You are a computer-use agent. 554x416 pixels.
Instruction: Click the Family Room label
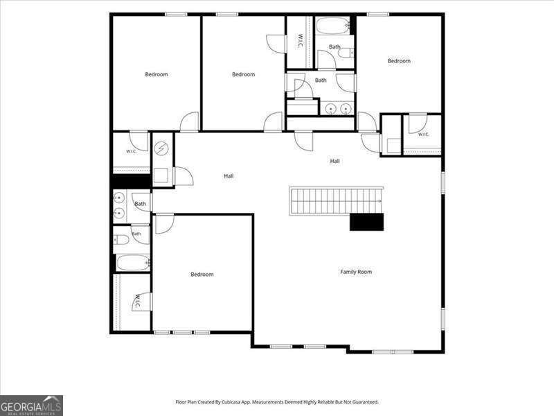pyautogui.click(x=356, y=272)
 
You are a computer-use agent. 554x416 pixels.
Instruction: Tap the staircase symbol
pyautogui.click(x=337, y=201)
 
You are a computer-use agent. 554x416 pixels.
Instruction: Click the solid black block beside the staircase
pyautogui.click(x=366, y=222)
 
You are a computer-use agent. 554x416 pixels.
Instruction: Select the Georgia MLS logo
pyautogui.click(x=31, y=406)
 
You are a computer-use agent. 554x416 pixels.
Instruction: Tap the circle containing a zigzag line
pyautogui.click(x=161, y=148)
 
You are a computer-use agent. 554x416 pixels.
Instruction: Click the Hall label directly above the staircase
pyautogui.click(x=334, y=161)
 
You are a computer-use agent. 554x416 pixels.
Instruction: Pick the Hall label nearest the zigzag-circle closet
pyautogui.click(x=229, y=176)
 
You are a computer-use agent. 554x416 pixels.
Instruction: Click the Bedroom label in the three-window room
pyautogui.click(x=202, y=274)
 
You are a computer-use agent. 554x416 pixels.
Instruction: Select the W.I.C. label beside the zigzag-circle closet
pyautogui.click(x=131, y=151)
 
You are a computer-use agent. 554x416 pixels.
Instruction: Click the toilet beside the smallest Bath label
pyautogui.click(x=122, y=240)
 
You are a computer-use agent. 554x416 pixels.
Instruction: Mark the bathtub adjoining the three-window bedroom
pyautogui.click(x=133, y=263)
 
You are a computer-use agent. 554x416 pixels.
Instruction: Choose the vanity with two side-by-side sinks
pyautogui.click(x=337, y=108)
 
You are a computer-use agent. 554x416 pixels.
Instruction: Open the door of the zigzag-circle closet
pyautogui.click(x=184, y=176)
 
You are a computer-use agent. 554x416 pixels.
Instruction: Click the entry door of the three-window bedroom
pyautogui.click(x=164, y=223)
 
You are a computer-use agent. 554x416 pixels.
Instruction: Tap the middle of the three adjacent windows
pyautogui.click(x=182, y=333)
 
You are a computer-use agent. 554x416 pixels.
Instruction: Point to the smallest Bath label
pyautogui.click(x=136, y=234)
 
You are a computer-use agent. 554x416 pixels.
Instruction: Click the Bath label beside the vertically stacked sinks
pyautogui.click(x=140, y=204)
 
